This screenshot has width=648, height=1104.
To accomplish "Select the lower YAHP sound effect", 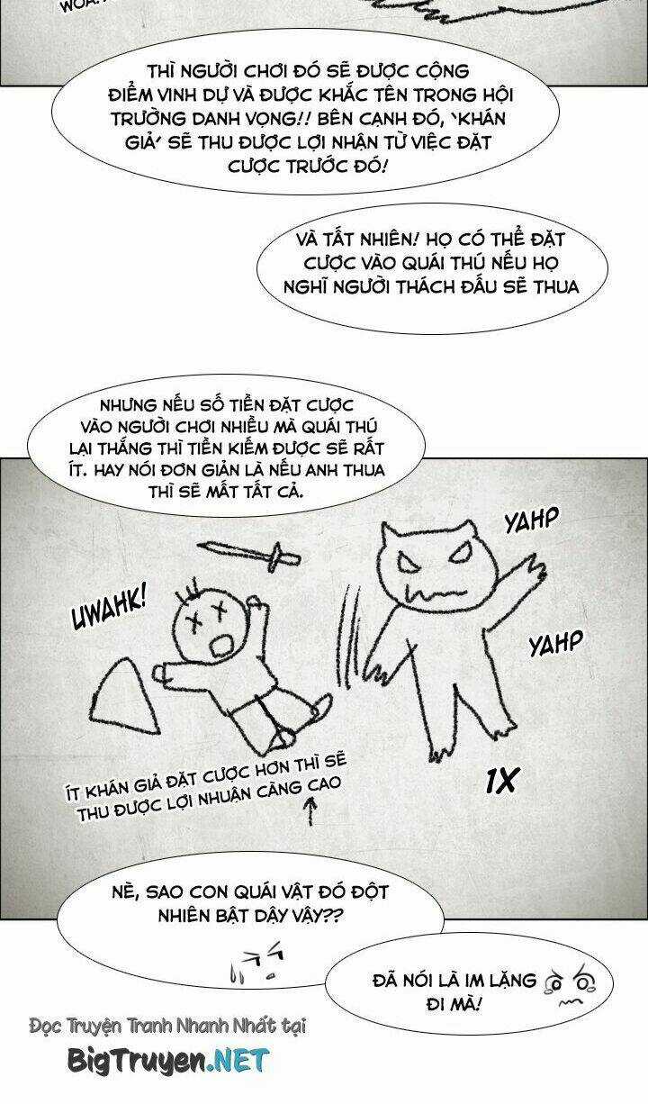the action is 556,642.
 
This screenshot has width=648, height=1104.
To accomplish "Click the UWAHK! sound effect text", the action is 110,610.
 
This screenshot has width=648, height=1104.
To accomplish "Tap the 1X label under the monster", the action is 501,780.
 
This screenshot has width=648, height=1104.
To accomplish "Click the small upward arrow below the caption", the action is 310,810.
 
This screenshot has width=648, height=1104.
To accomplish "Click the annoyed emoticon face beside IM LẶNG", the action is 570,985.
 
